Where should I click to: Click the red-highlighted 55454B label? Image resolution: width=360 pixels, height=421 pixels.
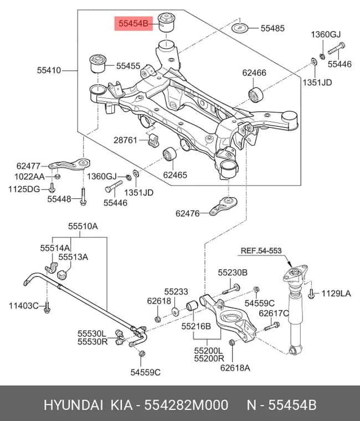tap(133, 24)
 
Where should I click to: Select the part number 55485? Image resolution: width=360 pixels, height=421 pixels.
tap(272, 28)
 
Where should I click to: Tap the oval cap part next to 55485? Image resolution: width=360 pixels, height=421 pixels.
tap(240, 27)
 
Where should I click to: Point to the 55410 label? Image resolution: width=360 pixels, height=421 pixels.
tap(49, 70)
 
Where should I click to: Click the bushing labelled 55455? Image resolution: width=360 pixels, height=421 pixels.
tap(97, 64)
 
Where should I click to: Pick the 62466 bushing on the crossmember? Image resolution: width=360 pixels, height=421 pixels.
tap(255, 95)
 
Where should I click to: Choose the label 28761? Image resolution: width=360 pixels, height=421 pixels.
tap(125, 140)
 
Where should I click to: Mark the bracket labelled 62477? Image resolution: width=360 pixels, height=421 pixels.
tap(69, 165)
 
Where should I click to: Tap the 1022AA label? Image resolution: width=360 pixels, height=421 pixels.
tap(29, 177)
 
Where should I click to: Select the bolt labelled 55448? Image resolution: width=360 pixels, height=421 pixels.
tap(83, 197)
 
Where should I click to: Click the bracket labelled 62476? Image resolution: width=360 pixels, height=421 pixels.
tap(223, 206)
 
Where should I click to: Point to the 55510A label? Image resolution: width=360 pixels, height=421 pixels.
tap(83, 226)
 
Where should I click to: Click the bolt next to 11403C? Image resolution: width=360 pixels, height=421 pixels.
tap(47, 307)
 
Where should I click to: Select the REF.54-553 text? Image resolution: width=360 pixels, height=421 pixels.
tap(261, 250)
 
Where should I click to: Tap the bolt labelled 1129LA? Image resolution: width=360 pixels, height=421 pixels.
tap(311, 294)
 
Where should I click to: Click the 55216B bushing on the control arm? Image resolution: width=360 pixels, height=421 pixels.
tap(192, 306)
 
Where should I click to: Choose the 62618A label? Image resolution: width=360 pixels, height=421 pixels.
tap(235, 368)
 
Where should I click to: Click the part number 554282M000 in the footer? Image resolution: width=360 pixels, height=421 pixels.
tap(186, 404)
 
